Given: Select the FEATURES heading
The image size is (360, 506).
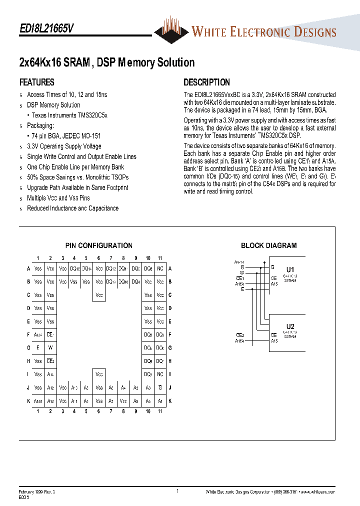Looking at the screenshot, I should coord(36,82).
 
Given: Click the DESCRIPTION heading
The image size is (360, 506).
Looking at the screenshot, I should coord(206,82).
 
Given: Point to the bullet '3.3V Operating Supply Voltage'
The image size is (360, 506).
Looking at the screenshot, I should coord(64,146).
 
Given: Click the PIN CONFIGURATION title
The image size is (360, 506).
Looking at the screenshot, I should coord(99,245).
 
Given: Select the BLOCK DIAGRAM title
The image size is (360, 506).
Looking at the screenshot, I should coord(268,245).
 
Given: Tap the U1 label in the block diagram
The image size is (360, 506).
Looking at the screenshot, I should coord(290,268).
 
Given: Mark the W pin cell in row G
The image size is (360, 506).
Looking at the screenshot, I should coord(50,347).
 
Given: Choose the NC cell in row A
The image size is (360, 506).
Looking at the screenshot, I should coord(160,268).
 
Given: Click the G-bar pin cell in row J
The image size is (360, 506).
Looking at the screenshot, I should coord(160,387).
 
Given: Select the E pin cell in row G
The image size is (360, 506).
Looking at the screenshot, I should coord(38,347).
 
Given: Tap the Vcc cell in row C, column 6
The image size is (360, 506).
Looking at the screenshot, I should coord(99,295).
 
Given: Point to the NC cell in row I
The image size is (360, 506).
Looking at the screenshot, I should coord(160,374).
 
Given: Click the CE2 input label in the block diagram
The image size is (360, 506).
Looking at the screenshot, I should coord(240,335).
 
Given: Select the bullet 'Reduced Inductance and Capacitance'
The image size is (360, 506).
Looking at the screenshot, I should coord(72,208).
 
